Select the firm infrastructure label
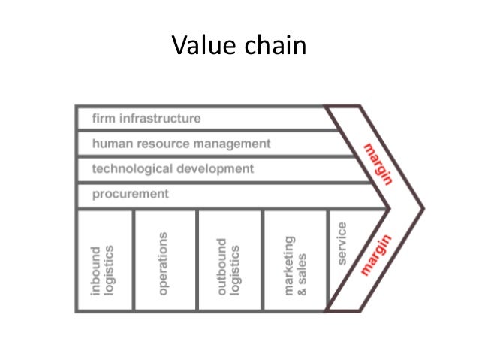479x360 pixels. click(146, 119)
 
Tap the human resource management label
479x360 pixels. click(181, 143)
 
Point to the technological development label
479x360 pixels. click(173, 168)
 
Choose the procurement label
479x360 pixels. click(130, 194)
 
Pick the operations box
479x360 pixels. click(164, 259)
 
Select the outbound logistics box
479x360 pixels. click(230, 259)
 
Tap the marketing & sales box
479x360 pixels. click(295, 259)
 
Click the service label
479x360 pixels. click(342, 242)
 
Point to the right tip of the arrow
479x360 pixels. click(423, 208)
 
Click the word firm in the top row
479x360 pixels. click(103, 119)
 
